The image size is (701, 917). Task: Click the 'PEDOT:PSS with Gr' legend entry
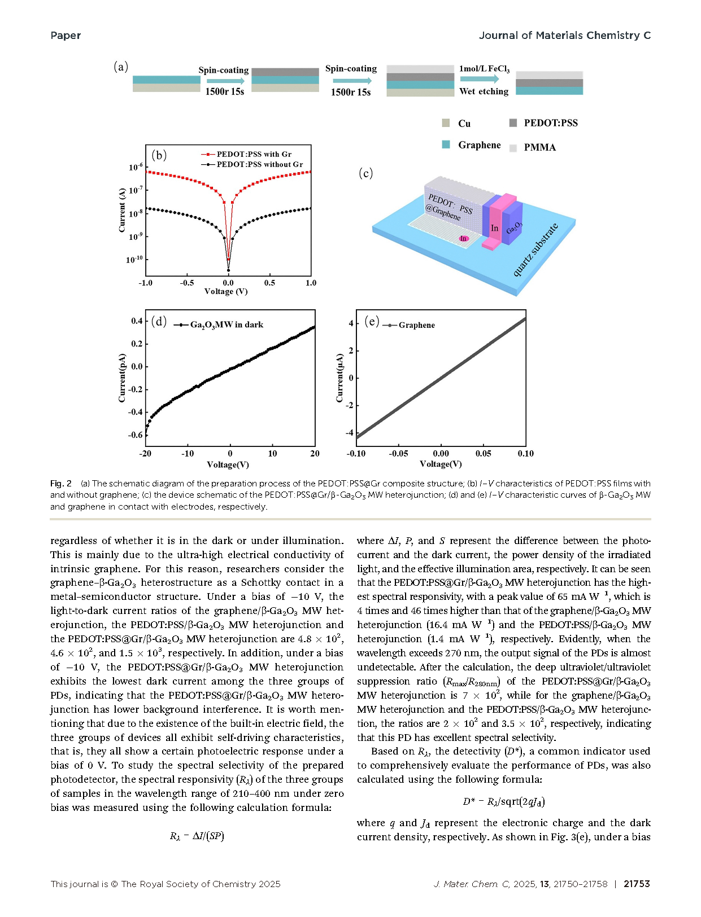pyautogui.click(x=254, y=154)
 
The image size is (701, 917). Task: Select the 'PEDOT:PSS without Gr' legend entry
pyautogui.click(x=259, y=164)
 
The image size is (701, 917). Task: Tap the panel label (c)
pyautogui.click(x=366, y=173)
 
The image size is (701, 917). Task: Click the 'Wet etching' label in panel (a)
pyautogui.click(x=484, y=91)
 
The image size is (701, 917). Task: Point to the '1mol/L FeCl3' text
pyautogui.click(x=484, y=69)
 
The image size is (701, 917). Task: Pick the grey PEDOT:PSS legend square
pyautogui.click(x=513, y=123)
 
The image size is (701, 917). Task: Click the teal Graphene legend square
pyautogui.click(x=446, y=144)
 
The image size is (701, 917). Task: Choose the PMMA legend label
pyautogui.click(x=539, y=147)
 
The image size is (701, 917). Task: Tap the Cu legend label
pyautogui.click(x=464, y=124)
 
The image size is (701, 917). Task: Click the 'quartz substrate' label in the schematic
pyautogui.click(x=535, y=250)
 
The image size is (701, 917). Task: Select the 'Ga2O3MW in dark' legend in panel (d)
pyautogui.click(x=226, y=324)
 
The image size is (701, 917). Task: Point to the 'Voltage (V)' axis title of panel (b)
pyautogui.click(x=226, y=292)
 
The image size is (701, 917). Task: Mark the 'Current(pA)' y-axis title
pyautogui.click(x=122, y=378)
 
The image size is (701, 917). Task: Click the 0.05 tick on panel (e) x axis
pyautogui.click(x=483, y=454)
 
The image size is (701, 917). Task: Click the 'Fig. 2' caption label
pyautogui.click(x=61, y=484)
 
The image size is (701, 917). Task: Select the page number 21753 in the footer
pyautogui.click(x=637, y=884)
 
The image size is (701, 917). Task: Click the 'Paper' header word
pyautogui.click(x=66, y=36)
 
